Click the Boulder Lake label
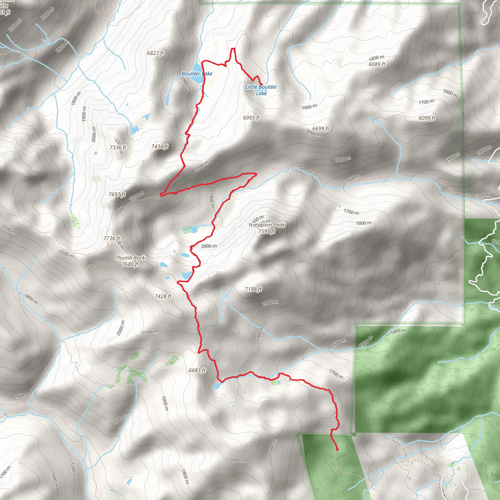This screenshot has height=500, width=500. pyautogui.click(x=197, y=74)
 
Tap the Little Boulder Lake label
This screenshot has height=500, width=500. pyautogui.click(x=261, y=90)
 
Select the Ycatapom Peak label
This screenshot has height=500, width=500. pyautogui.click(x=266, y=225)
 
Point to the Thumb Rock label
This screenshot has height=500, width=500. pyautogui.click(x=130, y=258)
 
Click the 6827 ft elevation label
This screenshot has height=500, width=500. pyautogui.click(x=155, y=53)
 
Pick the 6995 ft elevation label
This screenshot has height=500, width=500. pyautogui.click(x=251, y=118)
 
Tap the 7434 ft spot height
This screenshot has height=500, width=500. pyautogui.click(x=160, y=147)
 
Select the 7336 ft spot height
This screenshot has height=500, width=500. pyautogui.click(x=118, y=147)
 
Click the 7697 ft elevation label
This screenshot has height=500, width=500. pyautogui.click(x=117, y=194)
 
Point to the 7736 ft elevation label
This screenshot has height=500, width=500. pyautogui.click(x=112, y=238)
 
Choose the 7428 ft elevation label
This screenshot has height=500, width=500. pyautogui.click(x=163, y=296)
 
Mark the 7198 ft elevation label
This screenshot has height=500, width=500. pyautogui.click(x=253, y=289)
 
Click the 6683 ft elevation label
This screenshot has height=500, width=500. pyautogui.click(x=197, y=370)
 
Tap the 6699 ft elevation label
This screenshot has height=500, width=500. pyautogui.click(x=321, y=129)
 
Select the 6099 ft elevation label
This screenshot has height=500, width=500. pyautogui.click(x=427, y=118)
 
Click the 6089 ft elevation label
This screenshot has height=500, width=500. pyautogui.click(x=377, y=64)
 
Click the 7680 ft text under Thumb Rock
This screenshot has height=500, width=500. pyautogui.click(x=130, y=264)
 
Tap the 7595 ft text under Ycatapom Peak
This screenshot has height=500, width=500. pyautogui.click(x=267, y=231)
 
